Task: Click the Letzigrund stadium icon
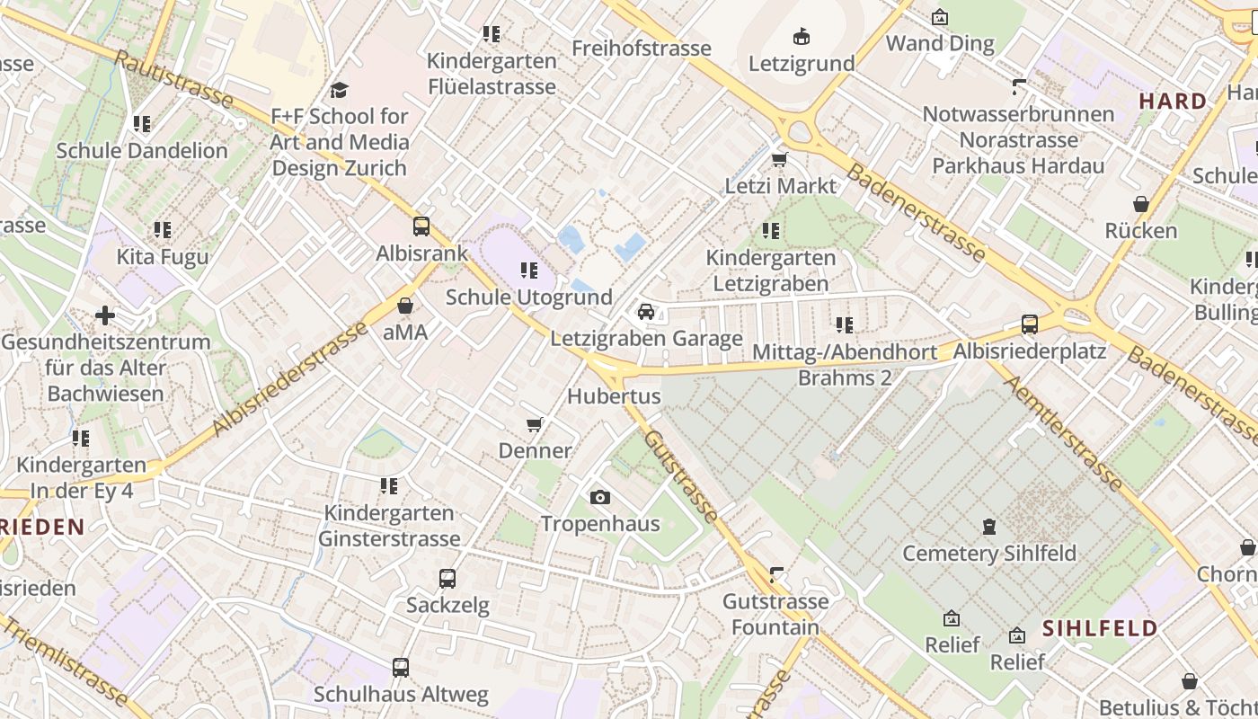[x=802, y=37]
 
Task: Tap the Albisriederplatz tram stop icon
[x=1030, y=324]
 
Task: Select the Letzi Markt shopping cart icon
[x=780, y=160]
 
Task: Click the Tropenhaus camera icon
[x=600, y=497]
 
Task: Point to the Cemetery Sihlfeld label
[x=988, y=553]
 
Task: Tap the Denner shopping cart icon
[x=535, y=424]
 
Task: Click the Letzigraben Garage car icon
[x=645, y=312]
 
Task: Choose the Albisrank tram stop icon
[x=421, y=226]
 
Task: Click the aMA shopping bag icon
[x=405, y=306]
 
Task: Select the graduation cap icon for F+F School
[x=340, y=90]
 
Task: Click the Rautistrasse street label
[x=174, y=79]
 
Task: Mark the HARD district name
[x=1173, y=102]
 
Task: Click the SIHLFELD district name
[x=1100, y=628]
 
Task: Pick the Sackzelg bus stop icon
[x=447, y=579]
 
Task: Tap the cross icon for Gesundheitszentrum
[x=105, y=315]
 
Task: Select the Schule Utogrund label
[x=529, y=297]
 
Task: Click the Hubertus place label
[x=614, y=396]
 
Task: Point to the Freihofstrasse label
[x=642, y=49]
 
